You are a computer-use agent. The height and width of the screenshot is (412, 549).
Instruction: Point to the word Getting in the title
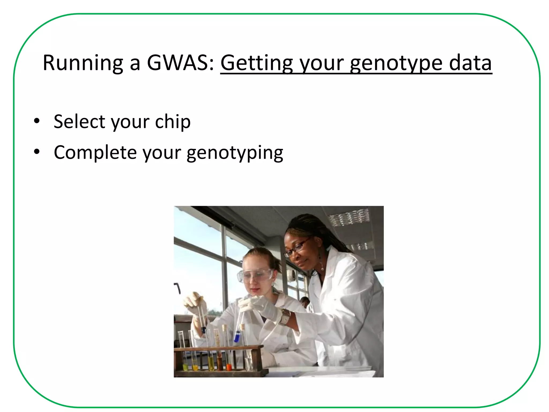pos(257,63)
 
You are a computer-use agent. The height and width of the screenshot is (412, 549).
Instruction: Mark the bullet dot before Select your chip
pos(37,121)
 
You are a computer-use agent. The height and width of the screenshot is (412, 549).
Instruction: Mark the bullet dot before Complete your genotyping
pos(37,152)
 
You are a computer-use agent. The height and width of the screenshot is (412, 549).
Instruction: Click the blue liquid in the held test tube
pos(237,337)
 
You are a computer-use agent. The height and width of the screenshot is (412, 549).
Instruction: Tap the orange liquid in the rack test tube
pos(229,367)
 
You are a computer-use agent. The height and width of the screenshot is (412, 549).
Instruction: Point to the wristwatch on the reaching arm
pos(285,316)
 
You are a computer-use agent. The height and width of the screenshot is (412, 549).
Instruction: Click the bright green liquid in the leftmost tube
pos(185,367)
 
